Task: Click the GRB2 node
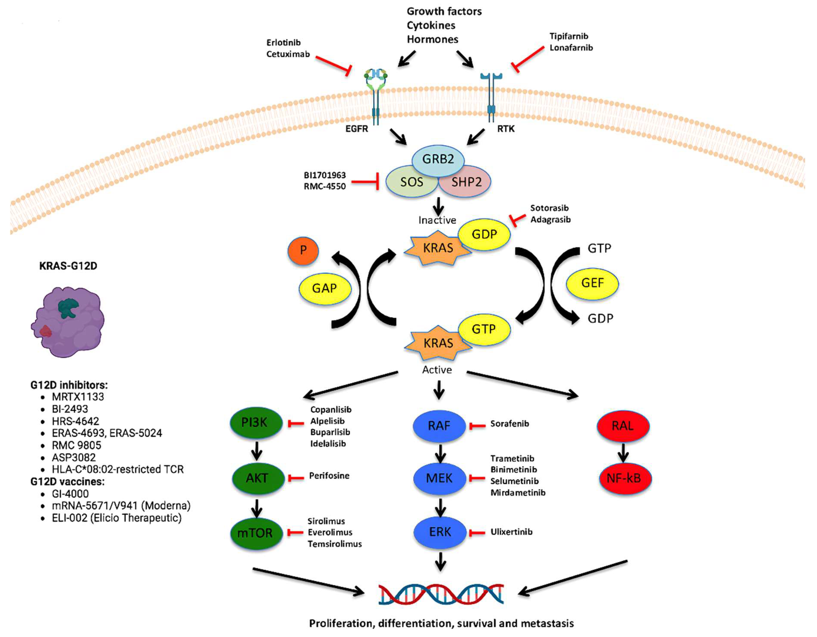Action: (x=438, y=159)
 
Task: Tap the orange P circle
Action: (x=303, y=250)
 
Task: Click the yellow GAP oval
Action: (x=325, y=288)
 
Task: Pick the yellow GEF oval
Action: (x=592, y=283)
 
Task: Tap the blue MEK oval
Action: (x=439, y=478)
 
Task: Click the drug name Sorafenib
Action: (x=510, y=424)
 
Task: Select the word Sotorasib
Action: (x=549, y=208)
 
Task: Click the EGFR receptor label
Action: (x=357, y=129)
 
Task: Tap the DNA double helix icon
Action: (x=441, y=594)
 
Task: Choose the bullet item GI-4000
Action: (x=70, y=494)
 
